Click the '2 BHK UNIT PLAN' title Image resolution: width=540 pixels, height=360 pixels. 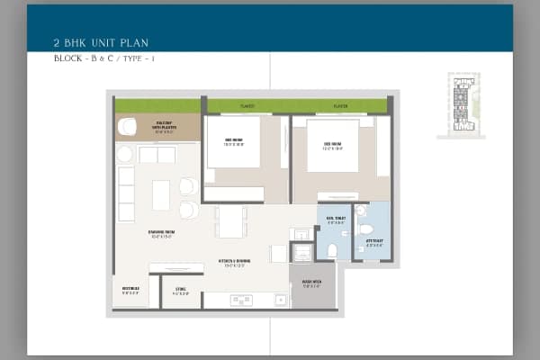tap(100, 41)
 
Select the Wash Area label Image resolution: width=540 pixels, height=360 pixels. tap(312, 282)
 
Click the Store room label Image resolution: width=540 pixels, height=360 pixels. tap(180, 292)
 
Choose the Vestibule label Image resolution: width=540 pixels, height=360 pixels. tap(130, 291)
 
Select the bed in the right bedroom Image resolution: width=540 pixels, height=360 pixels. tap(332, 146)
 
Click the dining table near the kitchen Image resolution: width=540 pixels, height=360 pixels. tap(231, 221)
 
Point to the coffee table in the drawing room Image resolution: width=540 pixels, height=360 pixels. tap(161, 194)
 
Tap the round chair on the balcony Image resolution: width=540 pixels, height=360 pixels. tap(127, 127)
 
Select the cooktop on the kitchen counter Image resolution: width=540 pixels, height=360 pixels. tap(240, 300)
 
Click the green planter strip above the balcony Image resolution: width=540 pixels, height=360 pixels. tap(157, 105)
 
